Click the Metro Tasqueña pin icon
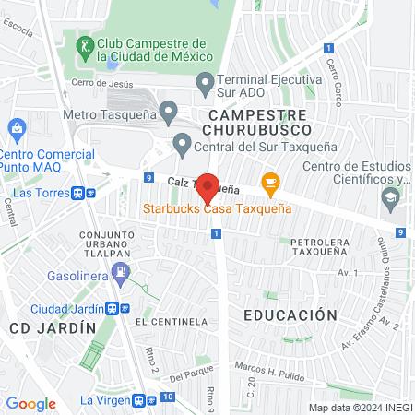coord(168,113)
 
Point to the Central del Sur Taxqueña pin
coord(183,143)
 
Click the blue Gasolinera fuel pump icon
coord(120,270)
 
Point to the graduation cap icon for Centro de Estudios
coord(391,196)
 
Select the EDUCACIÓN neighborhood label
coord(290,315)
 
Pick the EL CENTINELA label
coord(171,322)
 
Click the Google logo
coord(30,403)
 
